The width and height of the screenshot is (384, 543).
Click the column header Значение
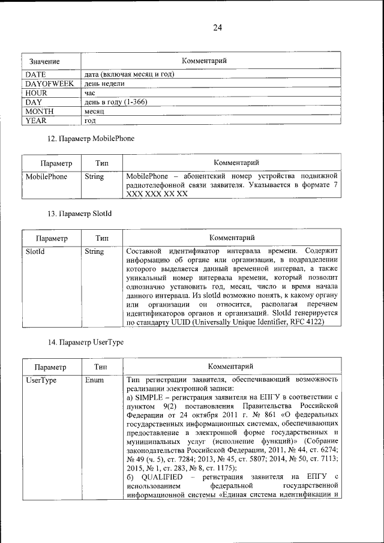[x=44, y=62]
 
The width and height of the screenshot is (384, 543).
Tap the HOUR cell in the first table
[x=36, y=93]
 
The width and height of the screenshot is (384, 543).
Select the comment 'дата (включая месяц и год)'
[x=129, y=74]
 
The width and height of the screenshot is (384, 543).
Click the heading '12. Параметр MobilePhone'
[x=91, y=139]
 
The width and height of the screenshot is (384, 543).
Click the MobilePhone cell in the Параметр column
[x=46, y=177]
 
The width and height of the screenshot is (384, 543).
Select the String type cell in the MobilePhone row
[x=94, y=177]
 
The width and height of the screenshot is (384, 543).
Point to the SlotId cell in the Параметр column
[x=35, y=252]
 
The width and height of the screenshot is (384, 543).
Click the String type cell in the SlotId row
[x=94, y=252]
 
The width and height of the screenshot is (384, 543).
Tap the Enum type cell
[x=94, y=380]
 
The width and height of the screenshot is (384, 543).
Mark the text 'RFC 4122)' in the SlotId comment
[x=305, y=322]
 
